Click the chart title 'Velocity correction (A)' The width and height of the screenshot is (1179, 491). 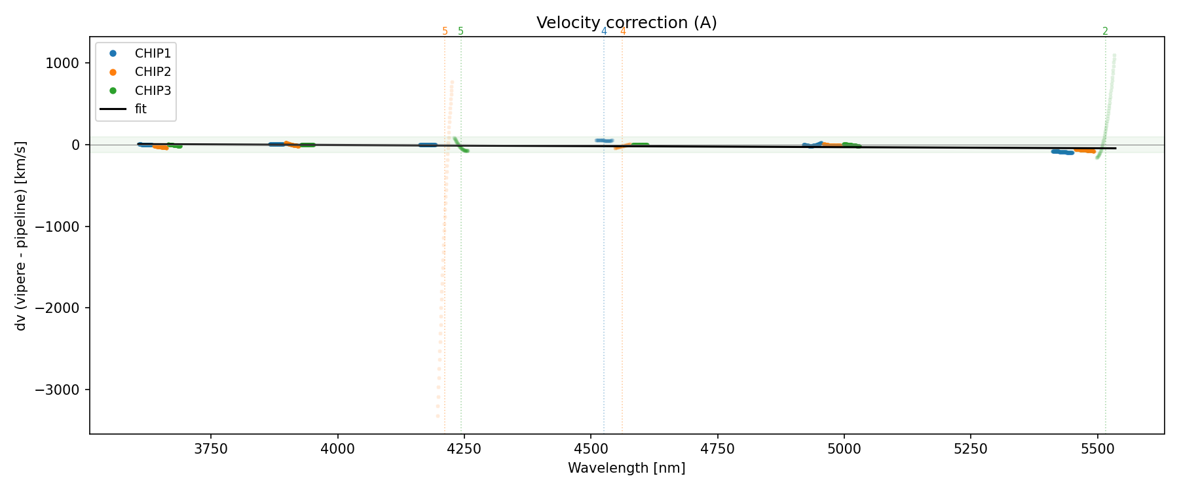[626, 23]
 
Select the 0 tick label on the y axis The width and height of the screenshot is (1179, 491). [75, 145]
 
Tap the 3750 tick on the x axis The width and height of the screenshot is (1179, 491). [211, 449]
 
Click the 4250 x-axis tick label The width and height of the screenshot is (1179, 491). [464, 449]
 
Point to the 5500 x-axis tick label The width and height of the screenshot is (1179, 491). [1097, 449]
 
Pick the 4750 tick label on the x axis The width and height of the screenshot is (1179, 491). [717, 449]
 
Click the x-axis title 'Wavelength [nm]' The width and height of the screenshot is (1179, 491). [626, 468]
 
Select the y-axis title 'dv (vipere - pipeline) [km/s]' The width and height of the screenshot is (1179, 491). [21, 236]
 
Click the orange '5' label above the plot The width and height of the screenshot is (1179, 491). [445, 31]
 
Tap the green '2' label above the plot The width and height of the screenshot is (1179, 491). [1105, 31]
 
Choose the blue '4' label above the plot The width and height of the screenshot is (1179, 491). [604, 31]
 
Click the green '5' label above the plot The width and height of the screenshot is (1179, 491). [460, 31]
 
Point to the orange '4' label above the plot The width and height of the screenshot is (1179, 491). [622, 31]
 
